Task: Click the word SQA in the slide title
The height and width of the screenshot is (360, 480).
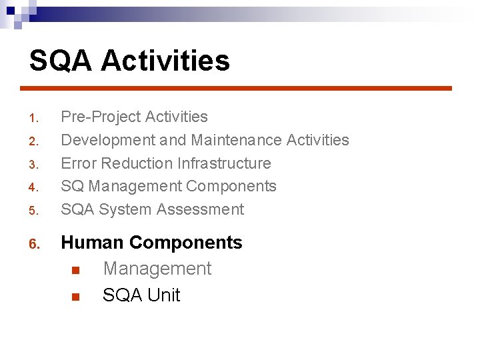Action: tap(61, 61)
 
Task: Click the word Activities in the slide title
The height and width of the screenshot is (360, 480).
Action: tap(165, 61)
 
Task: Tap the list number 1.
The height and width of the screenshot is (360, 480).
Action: tap(35, 119)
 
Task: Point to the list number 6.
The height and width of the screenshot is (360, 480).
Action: tap(35, 245)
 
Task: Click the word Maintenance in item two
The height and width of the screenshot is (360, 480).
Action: tap(236, 140)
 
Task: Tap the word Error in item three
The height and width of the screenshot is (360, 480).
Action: tap(77, 163)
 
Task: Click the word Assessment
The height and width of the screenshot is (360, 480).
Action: tap(200, 209)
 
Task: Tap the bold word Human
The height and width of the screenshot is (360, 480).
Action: tap(93, 243)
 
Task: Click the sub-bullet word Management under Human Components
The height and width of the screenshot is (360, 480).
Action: tap(157, 269)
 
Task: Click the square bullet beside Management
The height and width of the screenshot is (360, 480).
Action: tap(75, 270)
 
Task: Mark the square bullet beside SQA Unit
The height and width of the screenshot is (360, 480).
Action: tap(75, 297)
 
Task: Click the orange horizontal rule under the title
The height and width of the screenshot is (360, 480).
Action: tap(236, 88)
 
